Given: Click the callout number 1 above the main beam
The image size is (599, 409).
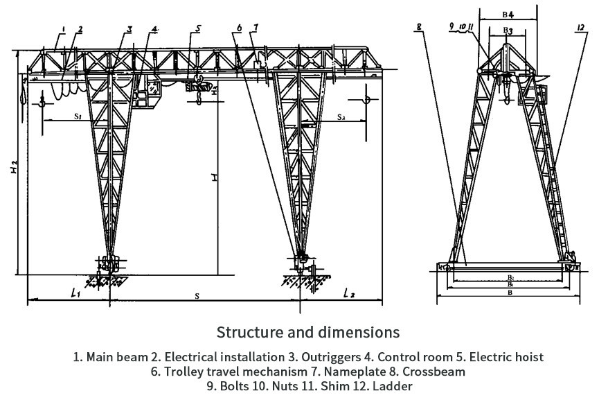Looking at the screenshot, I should pos(63,29).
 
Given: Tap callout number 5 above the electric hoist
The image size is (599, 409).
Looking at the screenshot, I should pos(198,29).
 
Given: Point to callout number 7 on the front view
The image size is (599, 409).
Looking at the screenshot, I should pos(256,28).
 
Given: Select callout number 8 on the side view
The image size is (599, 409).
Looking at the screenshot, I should pos(419,28).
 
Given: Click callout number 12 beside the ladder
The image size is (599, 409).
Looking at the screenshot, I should pos(579,28).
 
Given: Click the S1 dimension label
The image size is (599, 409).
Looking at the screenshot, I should pos(78,117).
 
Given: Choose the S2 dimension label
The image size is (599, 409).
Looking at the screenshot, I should pos(341,117).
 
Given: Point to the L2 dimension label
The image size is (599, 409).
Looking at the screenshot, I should pos(348,294).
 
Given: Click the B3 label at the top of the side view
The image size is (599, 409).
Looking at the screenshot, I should pos(508,31).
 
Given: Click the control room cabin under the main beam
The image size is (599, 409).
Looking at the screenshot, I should pos(148,94).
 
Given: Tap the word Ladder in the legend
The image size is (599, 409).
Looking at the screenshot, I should pos(394,386).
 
